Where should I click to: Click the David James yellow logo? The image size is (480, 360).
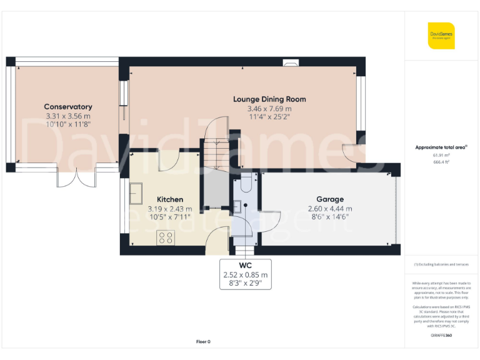[441, 36]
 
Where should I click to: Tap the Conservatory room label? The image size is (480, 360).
[68, 107]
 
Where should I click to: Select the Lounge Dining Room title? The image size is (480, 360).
[269, 99]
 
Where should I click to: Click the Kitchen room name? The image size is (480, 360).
[169, 199]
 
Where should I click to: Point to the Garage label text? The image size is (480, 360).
[329, 199]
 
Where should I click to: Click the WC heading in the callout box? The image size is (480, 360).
[245, 265]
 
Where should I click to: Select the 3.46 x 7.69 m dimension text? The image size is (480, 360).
[269, 108]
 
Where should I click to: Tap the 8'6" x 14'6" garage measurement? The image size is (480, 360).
[329, 217]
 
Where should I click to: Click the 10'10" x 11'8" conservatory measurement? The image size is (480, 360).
[68, 124]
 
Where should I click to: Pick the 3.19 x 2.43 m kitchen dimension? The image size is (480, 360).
[169, 209]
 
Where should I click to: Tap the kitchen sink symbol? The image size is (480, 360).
[136, 194]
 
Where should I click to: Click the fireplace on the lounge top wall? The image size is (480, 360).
[291, 62]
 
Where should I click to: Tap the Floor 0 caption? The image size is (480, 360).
[203, 342]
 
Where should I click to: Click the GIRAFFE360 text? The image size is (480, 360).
[441, 336]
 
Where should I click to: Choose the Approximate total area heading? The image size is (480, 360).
[441, 147]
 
